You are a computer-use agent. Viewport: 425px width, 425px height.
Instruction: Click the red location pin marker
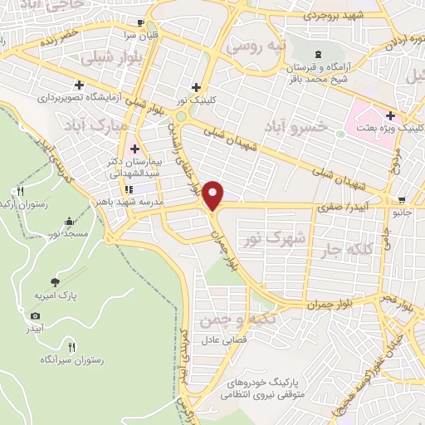point(215,195)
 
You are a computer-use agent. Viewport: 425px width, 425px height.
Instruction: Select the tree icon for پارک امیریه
point(56,282)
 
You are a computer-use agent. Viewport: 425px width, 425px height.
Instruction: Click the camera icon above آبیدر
point(35,315)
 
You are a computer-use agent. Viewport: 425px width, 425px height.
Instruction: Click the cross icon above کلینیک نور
point(196,86)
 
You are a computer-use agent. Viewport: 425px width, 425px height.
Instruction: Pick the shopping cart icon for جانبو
point(403,200)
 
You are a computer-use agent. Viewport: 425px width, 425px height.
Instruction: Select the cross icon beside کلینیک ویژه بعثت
point(389,115)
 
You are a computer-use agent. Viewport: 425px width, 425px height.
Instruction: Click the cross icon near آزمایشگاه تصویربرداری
point(79,84)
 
